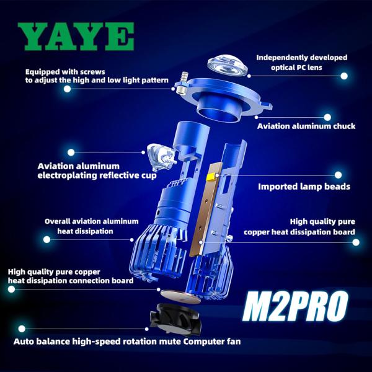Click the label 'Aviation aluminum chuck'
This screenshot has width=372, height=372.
(306, 126)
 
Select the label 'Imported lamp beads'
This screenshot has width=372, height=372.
(304, 186)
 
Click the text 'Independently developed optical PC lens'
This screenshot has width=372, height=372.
(301, 63)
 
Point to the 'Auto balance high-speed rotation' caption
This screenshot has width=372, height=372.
(127, 341)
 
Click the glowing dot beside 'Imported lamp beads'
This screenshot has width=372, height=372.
(339, 175)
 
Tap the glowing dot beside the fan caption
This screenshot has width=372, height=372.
(22, 329)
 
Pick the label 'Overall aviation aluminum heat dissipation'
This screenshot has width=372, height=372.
(79, 226)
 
